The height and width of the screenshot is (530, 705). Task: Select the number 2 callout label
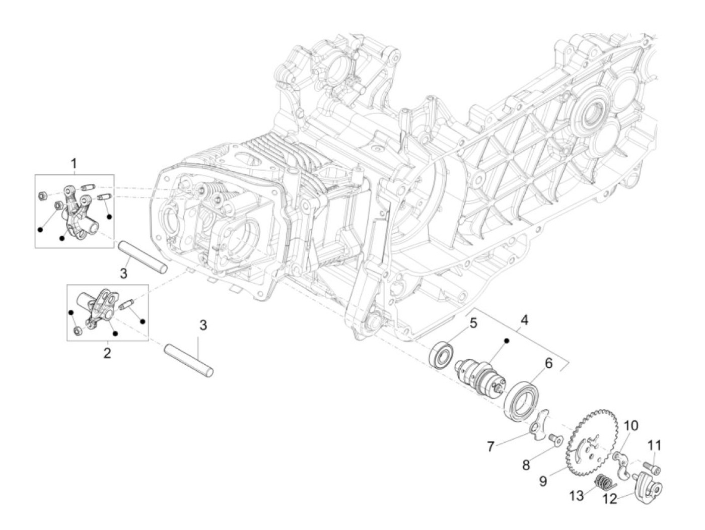tap(107, 353)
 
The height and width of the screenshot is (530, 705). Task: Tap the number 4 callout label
tap(524, 319)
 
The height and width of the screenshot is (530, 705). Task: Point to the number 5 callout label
tap(473, 323)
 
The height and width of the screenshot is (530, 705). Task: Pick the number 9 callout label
tap(543, 481)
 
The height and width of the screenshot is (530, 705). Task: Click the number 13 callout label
tap(577, 496)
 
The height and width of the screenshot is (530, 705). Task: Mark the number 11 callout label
tap(654, 445)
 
